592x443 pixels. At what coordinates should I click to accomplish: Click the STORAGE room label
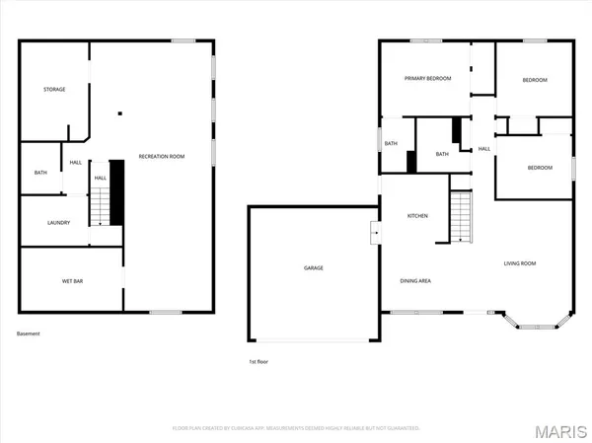(x=54, y=90)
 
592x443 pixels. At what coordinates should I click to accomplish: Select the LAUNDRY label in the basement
(x=59, y=222)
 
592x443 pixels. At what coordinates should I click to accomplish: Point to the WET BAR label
(x=72, y=281)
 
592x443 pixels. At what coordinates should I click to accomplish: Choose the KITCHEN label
(x=417, y=215)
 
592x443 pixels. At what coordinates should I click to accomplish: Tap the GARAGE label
(x=313, y=268)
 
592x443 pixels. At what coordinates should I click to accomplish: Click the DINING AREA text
(x=414, y=280)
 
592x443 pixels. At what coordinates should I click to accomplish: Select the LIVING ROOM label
(x=519, y=262)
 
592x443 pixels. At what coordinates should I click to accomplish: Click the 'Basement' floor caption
(x=30, y=334)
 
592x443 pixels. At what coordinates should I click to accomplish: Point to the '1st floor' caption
(x=259, y=361)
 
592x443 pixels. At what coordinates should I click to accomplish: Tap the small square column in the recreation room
(x=118, y=112)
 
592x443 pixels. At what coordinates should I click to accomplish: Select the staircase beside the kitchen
(x=462, y=217)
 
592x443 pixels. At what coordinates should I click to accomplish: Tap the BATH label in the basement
(x=40, y=174)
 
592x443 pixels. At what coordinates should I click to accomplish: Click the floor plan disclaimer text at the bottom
(x=295, y=428)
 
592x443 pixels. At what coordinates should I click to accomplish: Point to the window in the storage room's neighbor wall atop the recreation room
(x=183, y=40)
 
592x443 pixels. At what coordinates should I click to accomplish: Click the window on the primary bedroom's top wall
(x=425, y=40)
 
